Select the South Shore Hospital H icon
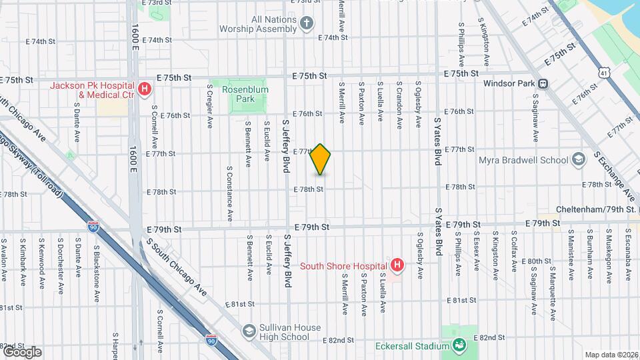(x=397, y=266)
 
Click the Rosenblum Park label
(x=239, y=94)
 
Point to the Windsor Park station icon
(x=543, y=84)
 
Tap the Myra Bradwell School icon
(x=578, y=160)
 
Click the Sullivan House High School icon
(x=249, y=331)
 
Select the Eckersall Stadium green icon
(x=459, y=345)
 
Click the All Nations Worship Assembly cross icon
(x=306, y=25)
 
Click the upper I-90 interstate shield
(x=93, y=227)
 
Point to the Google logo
(x=22, y=351)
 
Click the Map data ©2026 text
(x=611, y=355)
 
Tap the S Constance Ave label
(x=229, y=193)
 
